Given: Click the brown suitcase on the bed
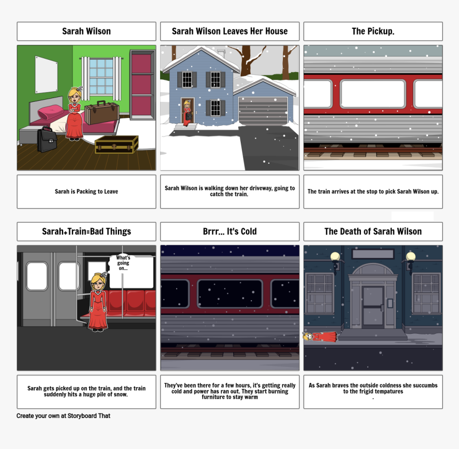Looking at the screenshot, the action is (101, 113).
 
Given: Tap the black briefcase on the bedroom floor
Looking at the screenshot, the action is (47, 140).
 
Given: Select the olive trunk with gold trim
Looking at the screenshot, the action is (116, 145).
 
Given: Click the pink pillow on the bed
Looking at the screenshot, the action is (51, 112).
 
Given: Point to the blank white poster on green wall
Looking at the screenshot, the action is (46, 74).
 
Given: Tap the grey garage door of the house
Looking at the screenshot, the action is (263, 111).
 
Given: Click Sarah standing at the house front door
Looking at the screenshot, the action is (187, 113).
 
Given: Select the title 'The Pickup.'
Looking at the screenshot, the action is (373, 31).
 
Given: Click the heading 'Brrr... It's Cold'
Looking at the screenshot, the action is (230, 231).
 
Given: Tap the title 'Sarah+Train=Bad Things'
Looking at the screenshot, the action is (86, 231).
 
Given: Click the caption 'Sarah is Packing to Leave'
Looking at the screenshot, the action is (86, 191).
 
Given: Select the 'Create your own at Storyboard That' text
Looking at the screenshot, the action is (63, 415).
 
